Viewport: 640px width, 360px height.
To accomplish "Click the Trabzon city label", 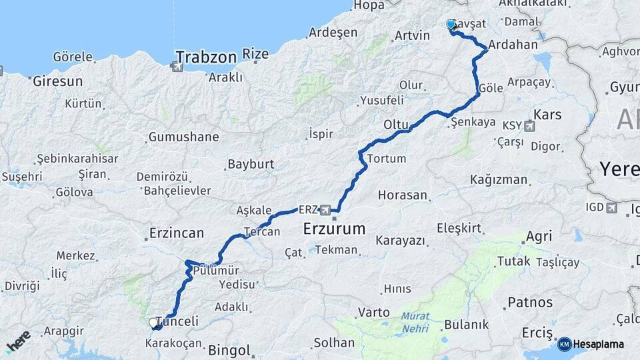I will tap(207, 57).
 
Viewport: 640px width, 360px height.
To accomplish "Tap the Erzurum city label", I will tap(334, 229).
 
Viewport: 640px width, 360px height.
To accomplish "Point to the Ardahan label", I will tap(513, 45).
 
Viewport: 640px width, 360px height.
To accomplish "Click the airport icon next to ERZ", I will tap(325, 210).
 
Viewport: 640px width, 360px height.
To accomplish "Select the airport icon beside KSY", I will tap(529, 125).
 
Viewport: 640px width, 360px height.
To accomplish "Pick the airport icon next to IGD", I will tap(611, 207).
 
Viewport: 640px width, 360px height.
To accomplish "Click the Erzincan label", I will tap(176, 233).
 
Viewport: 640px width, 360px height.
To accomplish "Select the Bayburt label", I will tap(251, 164).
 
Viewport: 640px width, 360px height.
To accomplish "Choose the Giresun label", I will tap(57, 81).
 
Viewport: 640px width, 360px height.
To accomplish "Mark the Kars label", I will tap(548, 115).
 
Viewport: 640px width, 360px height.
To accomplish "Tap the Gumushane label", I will tap(183, 137).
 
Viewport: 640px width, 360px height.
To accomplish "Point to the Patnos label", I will tap(530, 303).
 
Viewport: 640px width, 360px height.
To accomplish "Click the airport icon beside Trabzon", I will tap(177, 67).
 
